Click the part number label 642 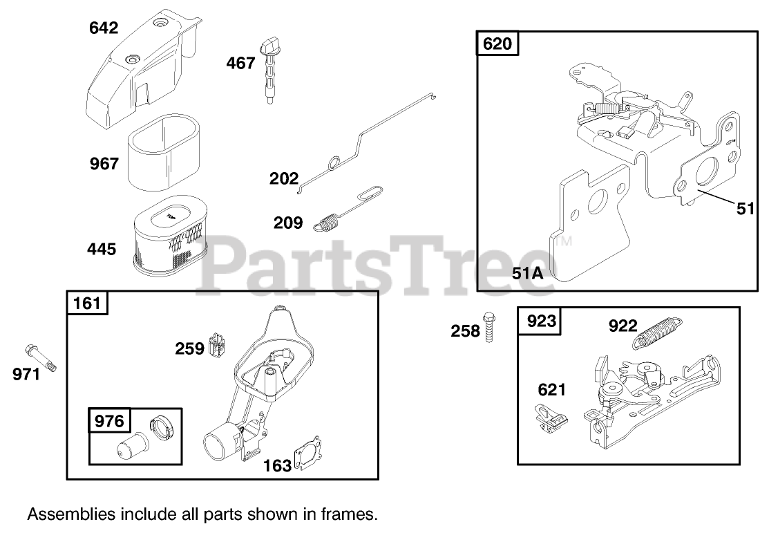pos(104,28)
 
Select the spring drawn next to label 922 pos(657,330)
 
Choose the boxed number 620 pos(497,45)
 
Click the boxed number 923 pos(541,321)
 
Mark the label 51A pos(528,273)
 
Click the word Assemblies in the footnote pos(64,514)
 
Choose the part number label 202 pos(284,179)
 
